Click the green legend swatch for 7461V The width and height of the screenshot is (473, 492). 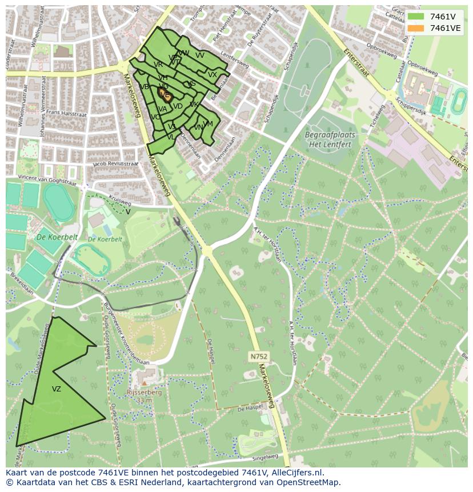[415, 17]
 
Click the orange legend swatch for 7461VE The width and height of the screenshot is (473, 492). [415, 28]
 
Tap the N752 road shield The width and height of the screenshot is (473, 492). [258, 357]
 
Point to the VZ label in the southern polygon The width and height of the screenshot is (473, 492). [56, 389]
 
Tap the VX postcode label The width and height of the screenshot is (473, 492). [213, 75]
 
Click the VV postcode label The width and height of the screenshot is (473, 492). [200, 55]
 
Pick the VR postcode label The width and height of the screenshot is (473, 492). [158, 65]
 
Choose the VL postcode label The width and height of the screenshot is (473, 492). [171, 137]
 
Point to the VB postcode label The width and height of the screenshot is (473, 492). [143, 87]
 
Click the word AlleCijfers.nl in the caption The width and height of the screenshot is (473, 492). [297, 473]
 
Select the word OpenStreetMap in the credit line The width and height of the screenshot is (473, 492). [312, 482]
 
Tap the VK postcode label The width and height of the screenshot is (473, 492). [194, 105]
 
